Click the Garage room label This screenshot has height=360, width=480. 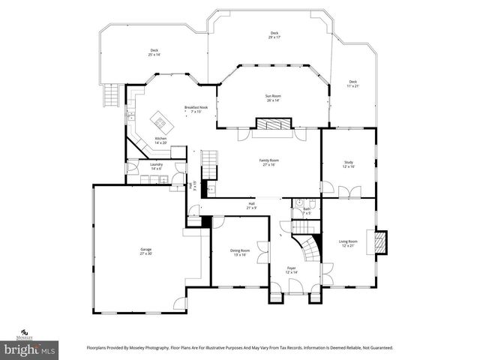pyautogui.click(x=145, y=251)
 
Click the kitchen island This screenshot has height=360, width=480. pyautogui.click(x=160, y=119)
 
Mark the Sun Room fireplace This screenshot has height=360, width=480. pyautogui.click(x=268, y=124)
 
